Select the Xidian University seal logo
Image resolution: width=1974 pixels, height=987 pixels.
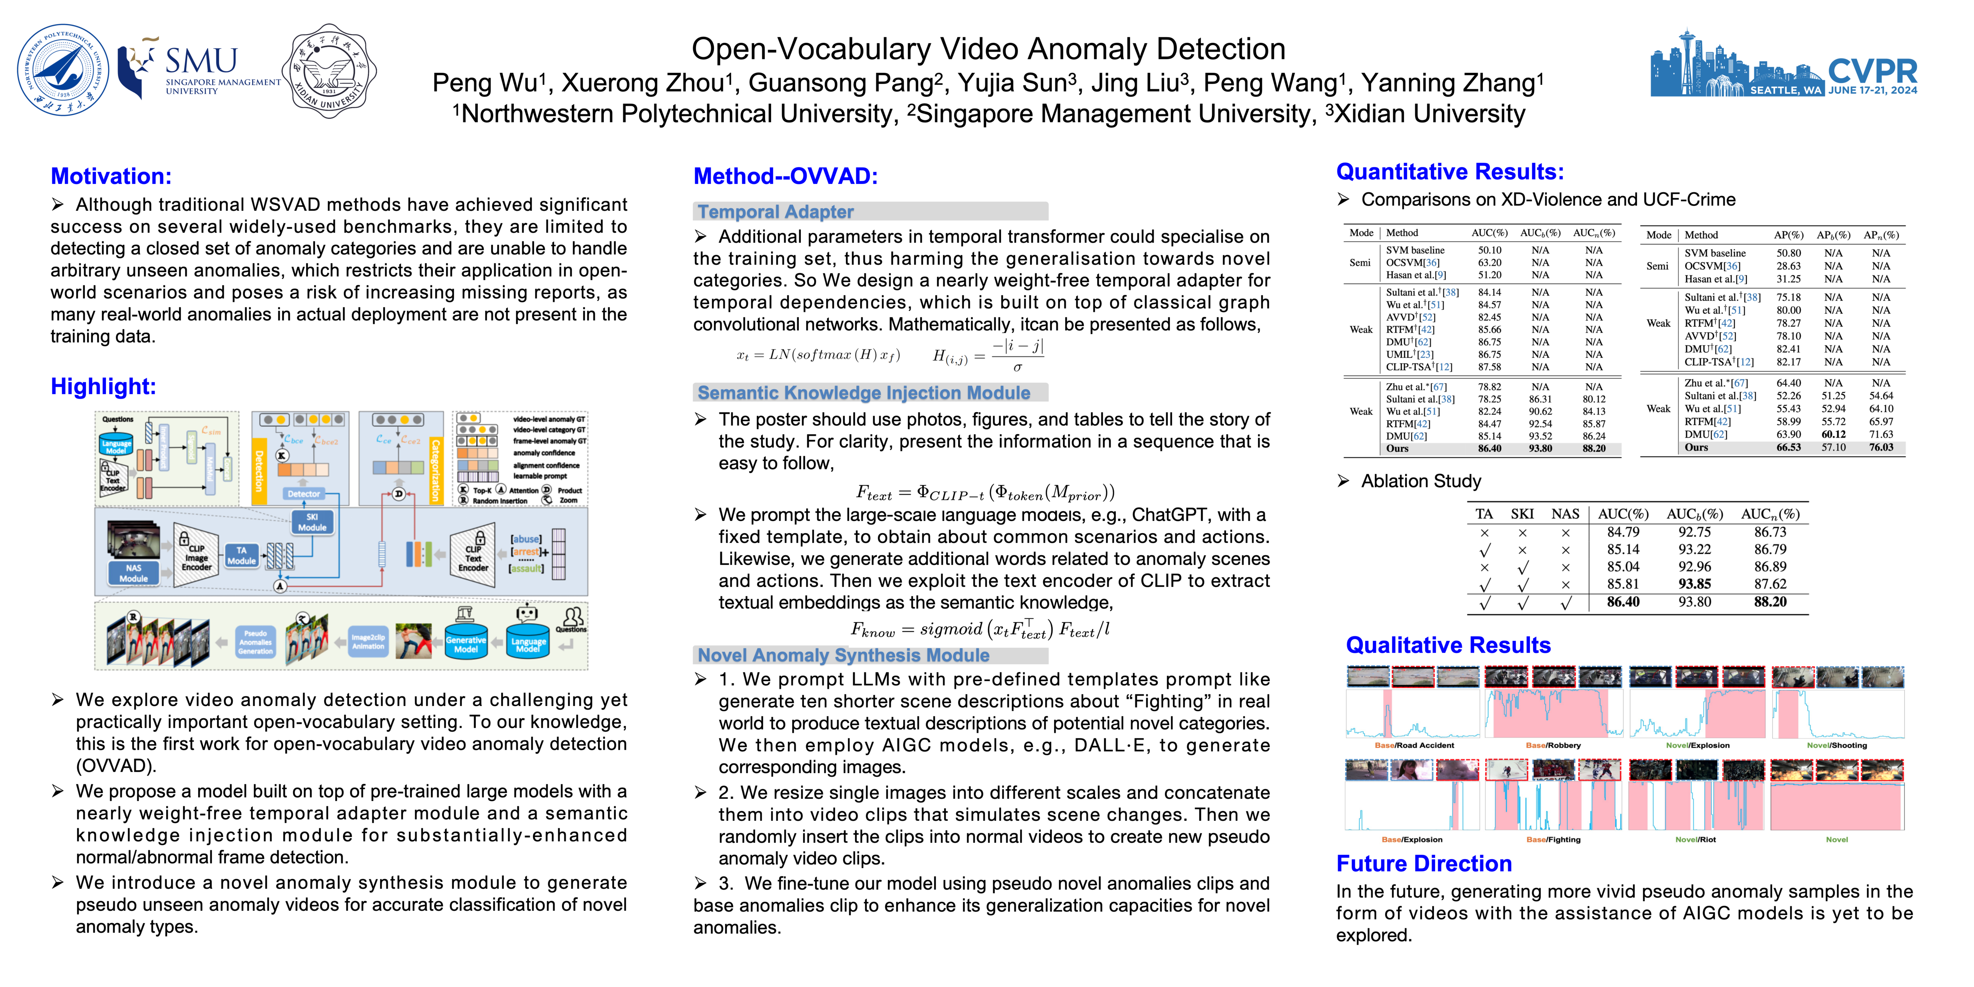tap(330, 70)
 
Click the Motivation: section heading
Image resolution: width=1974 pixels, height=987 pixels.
tap(111, 176)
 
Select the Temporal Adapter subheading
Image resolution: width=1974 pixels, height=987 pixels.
tap(775, 212)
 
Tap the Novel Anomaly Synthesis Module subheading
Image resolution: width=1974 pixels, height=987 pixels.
tap(843, 655)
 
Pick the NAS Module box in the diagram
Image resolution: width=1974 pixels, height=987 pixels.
tap(133, 573)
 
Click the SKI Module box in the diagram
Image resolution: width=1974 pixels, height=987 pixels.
tap(312, 522)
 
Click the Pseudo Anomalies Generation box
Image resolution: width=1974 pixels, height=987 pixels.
tap(255, 642)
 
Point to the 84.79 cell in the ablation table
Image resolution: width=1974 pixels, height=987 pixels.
tap(1623, 532)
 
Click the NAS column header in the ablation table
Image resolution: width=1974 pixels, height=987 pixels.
tap(1565, 514)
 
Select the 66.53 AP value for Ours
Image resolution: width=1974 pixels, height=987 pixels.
tap(1789, 448)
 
